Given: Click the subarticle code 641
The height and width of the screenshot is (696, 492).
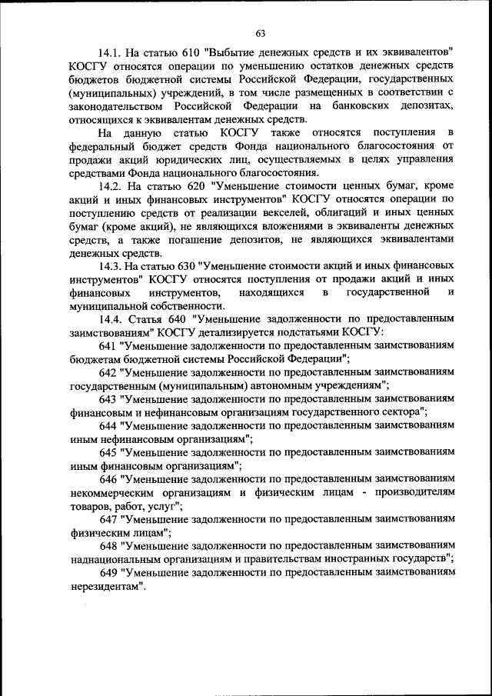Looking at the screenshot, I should coord(109,345).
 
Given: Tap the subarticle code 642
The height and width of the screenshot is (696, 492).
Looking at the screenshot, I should coord(109,371).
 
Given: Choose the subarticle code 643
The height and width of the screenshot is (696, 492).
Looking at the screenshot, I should coord(109,398).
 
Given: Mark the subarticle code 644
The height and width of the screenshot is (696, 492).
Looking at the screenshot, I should coord(109,425).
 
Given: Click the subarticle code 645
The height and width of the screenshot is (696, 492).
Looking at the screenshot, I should coord(109,451).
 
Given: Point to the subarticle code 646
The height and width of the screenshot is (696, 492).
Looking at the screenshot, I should coord(109,478).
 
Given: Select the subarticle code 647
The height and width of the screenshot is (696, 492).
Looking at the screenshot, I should coord(109,518).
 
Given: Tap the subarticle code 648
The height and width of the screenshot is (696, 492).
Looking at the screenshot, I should coord(109,544).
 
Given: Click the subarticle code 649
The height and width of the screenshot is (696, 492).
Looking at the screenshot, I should coord(109,571).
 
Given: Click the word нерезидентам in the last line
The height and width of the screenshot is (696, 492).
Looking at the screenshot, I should coord(105,585).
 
